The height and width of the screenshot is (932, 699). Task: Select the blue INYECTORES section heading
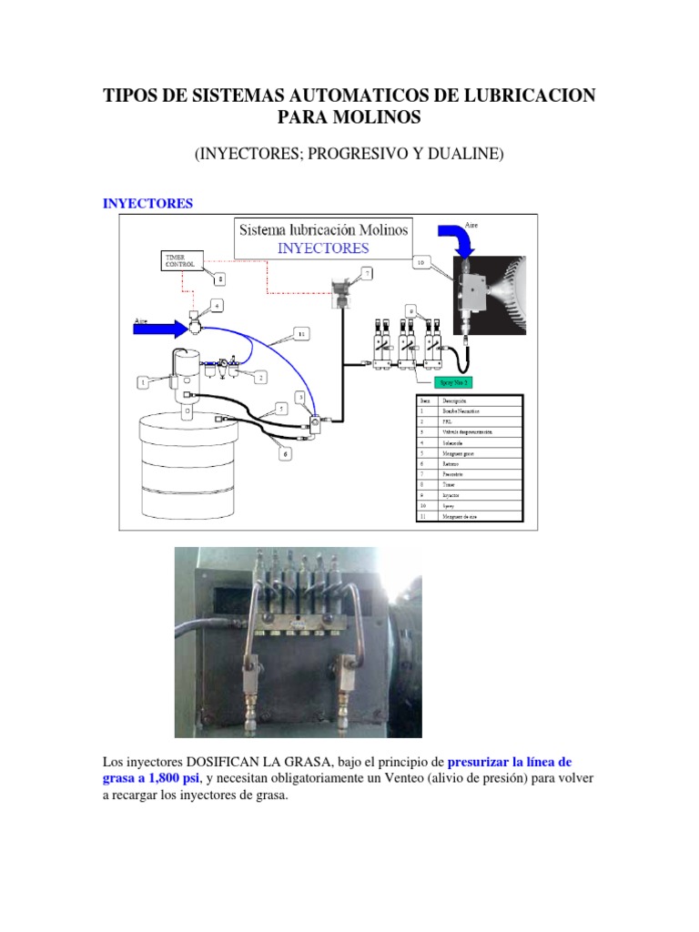(147, 204)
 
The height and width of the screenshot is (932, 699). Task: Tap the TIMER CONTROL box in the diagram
(181, 261)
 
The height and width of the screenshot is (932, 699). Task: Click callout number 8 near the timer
(219, 281)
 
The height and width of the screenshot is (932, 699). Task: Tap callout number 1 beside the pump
(144, 384)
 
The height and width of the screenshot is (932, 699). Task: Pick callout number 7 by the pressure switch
(367, 272)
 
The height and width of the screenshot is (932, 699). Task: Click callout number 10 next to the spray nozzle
(420, 262)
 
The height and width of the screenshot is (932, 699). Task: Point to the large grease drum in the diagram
(187, 473)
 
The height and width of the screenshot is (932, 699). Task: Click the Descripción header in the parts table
(460, 400)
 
